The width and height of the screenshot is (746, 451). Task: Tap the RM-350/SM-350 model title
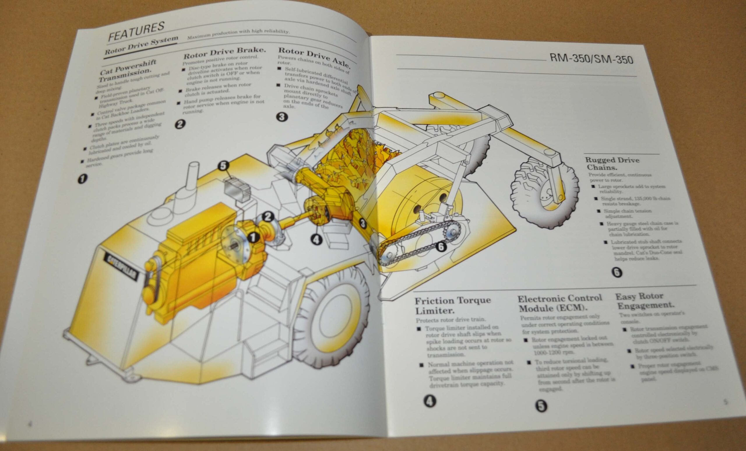click(x=591, y=59)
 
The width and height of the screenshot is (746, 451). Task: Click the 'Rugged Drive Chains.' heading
click(x=612, y=163)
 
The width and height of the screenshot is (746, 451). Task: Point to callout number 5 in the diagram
click(x=223, y=166)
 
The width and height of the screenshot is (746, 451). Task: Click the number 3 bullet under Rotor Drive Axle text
click(x=282, y=117)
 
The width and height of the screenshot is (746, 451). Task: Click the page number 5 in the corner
click(x=725, y=402)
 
